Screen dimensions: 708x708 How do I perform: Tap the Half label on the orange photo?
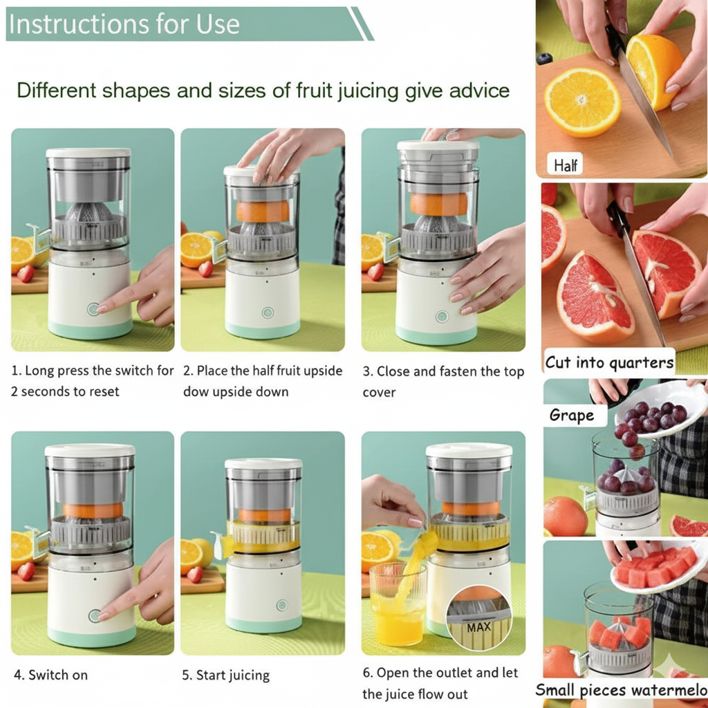click(566, 165)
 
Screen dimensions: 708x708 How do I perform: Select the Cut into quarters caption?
click(609, 362)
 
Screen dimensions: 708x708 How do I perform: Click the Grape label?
click(572, 415)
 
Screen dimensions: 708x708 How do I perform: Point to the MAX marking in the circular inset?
click(478, 627)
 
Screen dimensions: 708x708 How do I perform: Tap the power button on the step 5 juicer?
click(282, 604)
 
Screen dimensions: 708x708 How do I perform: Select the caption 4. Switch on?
click(51, 675)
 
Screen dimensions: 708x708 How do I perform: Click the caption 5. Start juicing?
click(226, 675)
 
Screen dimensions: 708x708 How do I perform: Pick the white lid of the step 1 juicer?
click(88, 153)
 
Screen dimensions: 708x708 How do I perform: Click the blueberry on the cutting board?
click(545, 58)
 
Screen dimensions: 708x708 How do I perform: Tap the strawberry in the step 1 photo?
click(26, 273)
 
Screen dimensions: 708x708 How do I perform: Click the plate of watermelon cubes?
click(657, 568)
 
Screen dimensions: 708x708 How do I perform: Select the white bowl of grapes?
click(660, 410)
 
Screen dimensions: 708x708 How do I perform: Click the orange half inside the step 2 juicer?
click(263, 212)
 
